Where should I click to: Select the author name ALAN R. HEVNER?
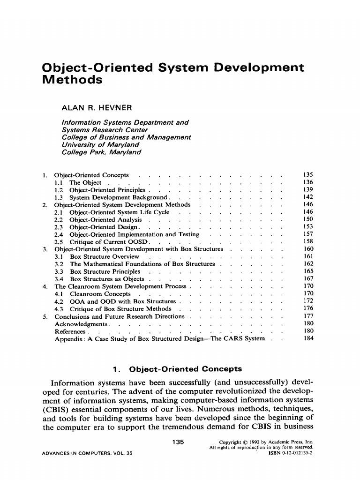pyautogui.click(x=97, y=108)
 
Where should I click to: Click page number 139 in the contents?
pyautogui.click(x=308, y=190)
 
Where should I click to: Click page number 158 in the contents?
pyautogui.click(x=308, y=241)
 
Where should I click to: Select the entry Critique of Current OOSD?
pyautogui.click(x=109, y=242)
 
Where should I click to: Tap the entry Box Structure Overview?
pyautogui.click(x=104, y=256)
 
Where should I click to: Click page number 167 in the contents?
pyautogui.click(x=308, y=279)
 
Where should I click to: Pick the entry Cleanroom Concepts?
pyautogui.click(x=100, y=294)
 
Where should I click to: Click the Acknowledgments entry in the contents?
pyautogui.click(x=82, y=324)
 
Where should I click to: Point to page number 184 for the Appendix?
pyautogui.click(x=308, y=338)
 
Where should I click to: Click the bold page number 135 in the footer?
pyautogui.click(x=178, y=442)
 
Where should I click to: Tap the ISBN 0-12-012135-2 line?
pyautogui.click(x=290, y=454)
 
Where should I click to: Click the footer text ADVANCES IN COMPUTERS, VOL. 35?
pyautogui.click(x=87, y=454)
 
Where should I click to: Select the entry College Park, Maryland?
pyautogui.click(x=101, y=152)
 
